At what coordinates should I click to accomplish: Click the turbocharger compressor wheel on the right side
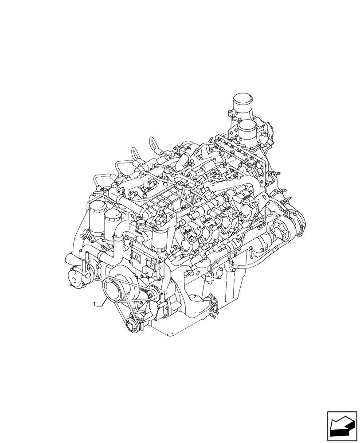click(x=284, y=230)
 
